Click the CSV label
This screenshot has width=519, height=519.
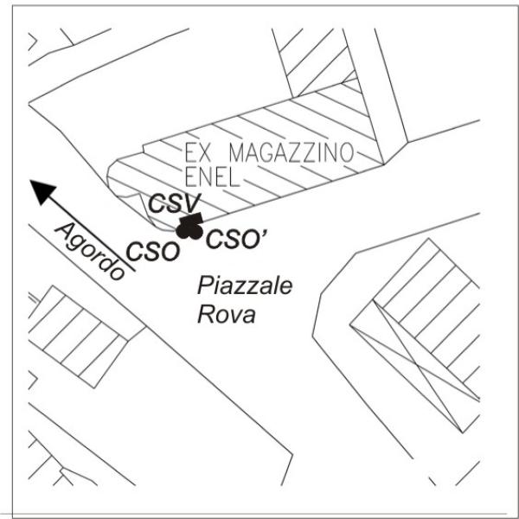(175, 203)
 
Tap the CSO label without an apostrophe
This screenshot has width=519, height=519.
(153, 252)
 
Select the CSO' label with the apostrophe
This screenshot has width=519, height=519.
(236, 239)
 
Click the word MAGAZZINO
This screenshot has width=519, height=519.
(292, 152)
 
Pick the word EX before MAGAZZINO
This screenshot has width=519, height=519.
(197, 152)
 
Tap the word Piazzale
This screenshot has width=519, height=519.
(245, 285)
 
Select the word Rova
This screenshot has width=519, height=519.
(227, 314)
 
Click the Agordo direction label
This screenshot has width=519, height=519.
(91, 251)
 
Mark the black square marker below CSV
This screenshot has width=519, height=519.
(191, 219)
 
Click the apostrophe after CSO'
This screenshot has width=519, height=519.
(264, 234)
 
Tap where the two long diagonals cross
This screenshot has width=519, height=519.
(418, 366)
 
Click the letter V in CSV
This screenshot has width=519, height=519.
(192, 203)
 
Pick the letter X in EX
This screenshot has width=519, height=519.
(204, 152)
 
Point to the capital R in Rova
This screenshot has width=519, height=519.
(205, 314)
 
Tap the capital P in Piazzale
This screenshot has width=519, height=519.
(206, 285)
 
